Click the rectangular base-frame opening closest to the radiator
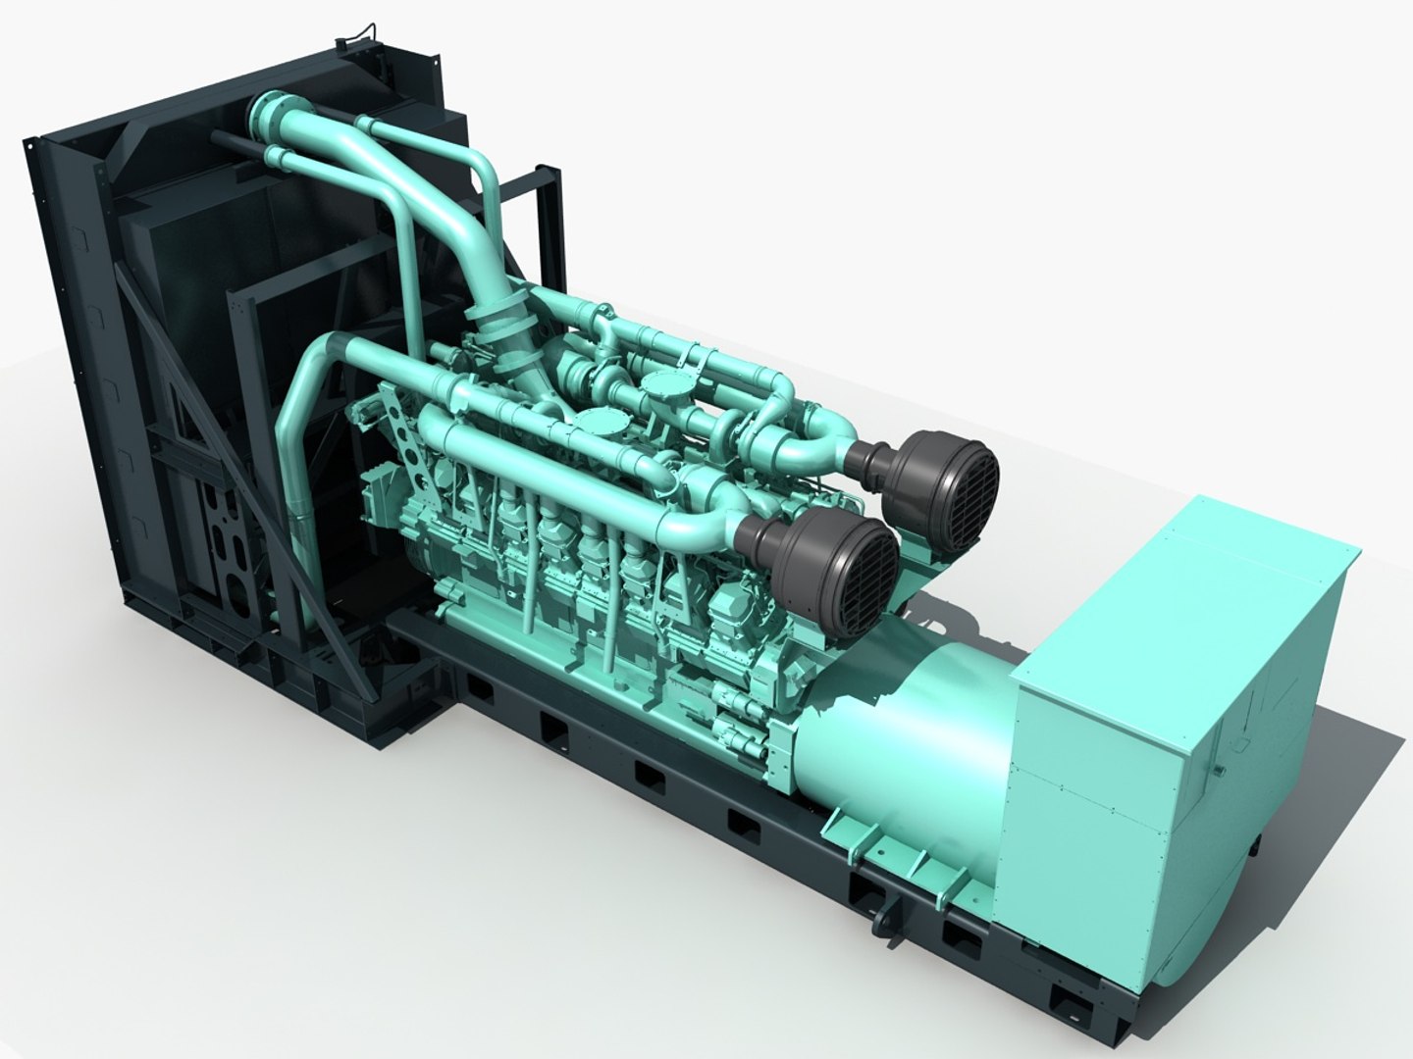click(482, 687)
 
